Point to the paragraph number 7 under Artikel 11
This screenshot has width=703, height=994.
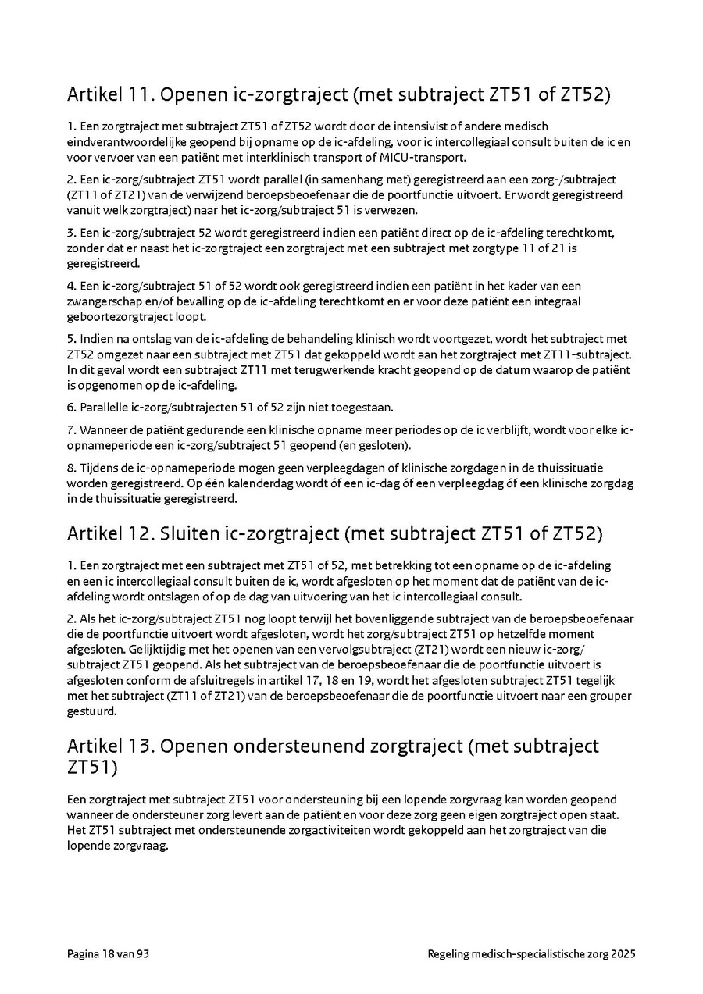[70, 429]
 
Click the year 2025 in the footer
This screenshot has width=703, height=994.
[623, 954]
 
